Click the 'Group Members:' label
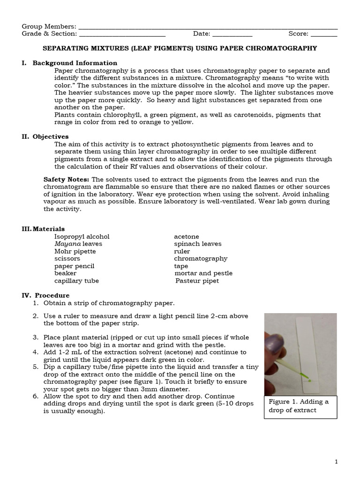[49, 26]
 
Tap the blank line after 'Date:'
[233, 34]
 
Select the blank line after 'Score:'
[324, 34]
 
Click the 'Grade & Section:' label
[49, 34]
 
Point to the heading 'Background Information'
[75, 63]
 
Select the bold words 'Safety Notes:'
[67, 180]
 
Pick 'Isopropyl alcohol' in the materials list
[82, 237]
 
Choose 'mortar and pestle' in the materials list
[203, 273]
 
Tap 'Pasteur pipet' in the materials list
[197, 281]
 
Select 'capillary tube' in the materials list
[76, 281]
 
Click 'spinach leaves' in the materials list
[197, 244]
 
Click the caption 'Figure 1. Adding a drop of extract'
[300, 406]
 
